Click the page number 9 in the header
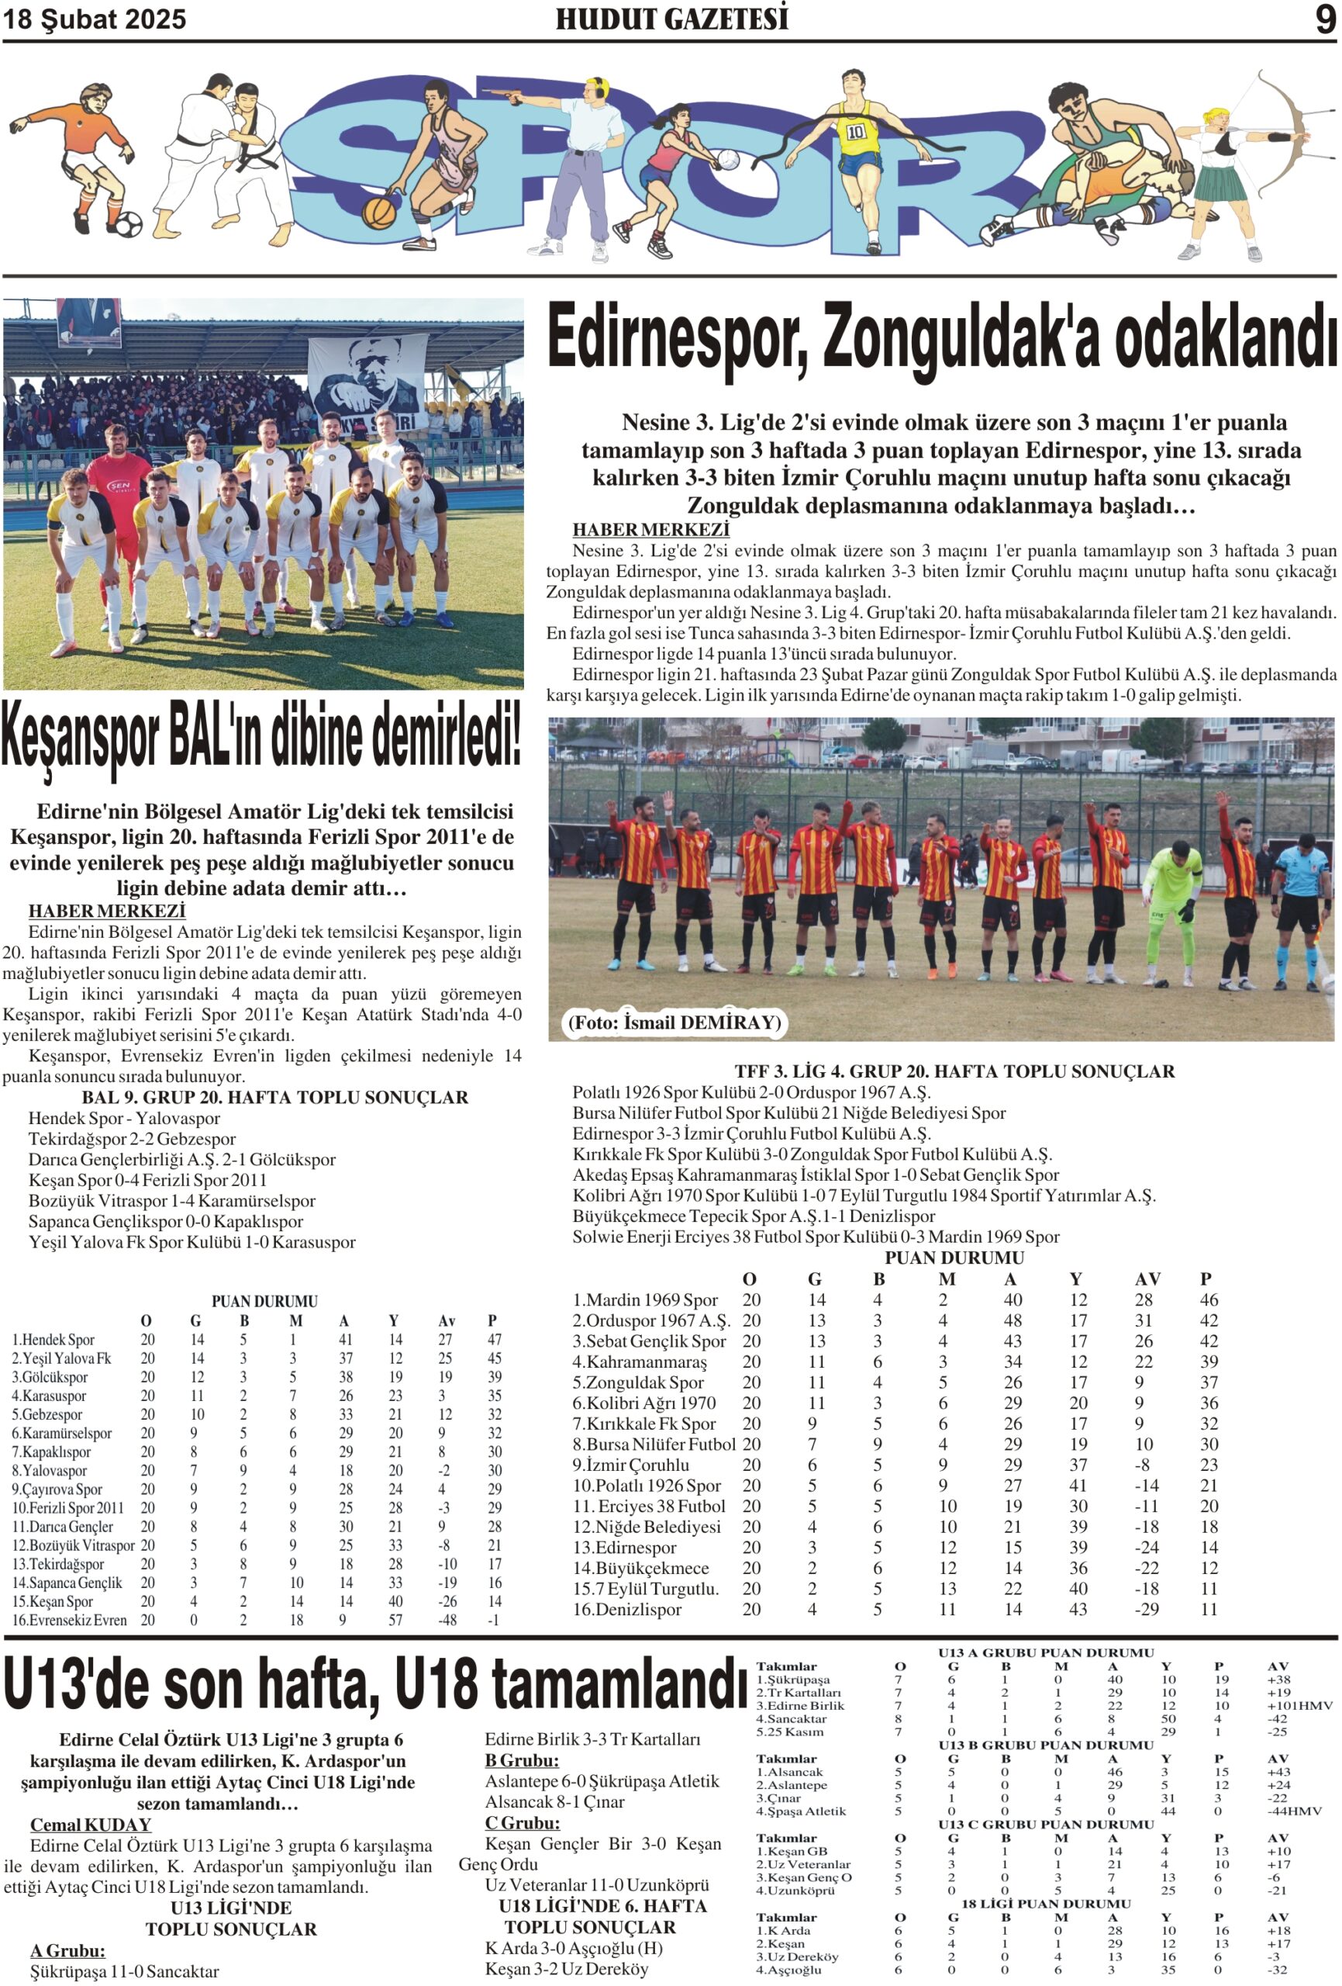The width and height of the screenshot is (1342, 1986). coord(1324,19)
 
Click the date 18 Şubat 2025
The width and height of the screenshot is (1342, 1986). coord(94,19)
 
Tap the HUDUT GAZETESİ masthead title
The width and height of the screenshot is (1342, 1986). coord(671,19)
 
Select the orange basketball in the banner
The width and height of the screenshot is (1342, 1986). coord(378,211)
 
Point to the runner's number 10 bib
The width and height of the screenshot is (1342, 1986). coord(856,132)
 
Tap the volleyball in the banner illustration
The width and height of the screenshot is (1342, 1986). coord(726,160)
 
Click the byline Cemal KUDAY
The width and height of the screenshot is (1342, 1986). coord(91,1825)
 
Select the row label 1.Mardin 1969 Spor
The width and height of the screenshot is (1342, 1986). coord(644,1299)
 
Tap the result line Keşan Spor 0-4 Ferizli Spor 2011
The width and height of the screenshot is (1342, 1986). coord(147,1180)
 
